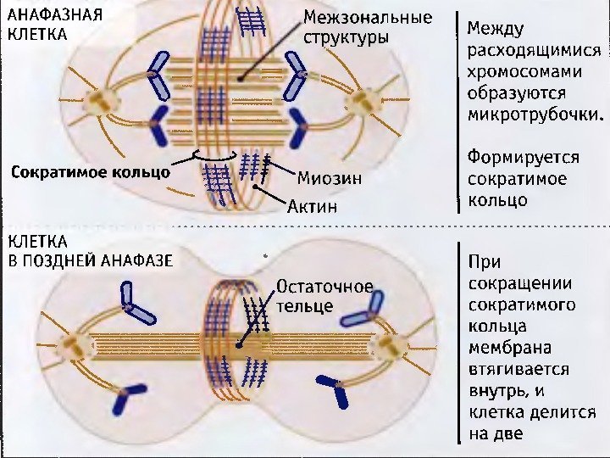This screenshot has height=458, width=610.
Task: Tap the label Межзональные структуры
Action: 367,28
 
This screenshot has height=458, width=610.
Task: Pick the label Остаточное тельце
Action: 324,295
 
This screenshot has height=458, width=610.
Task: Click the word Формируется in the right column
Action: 522,158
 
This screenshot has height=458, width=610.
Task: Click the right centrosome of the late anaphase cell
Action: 391,345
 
